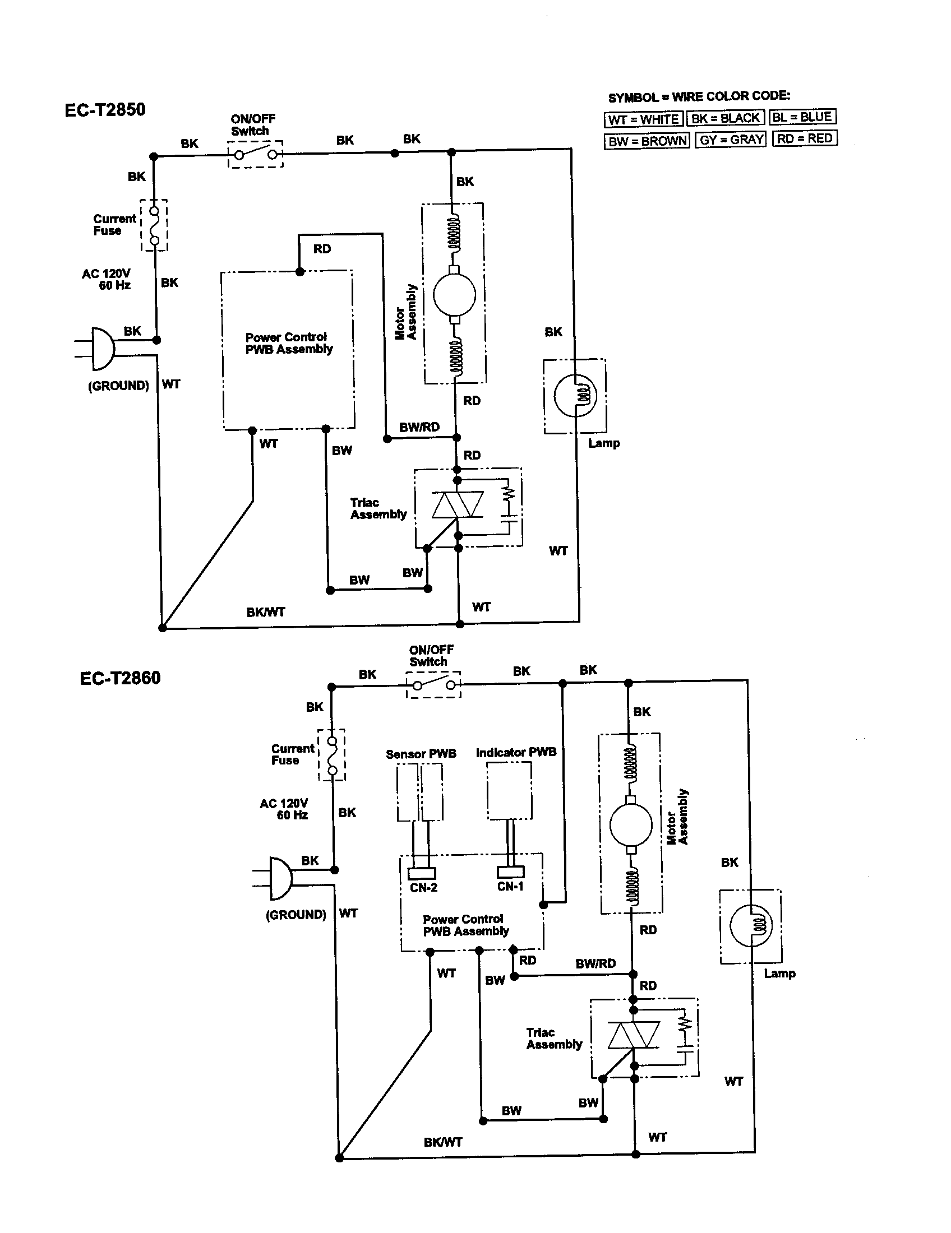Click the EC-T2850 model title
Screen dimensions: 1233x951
[x=105, y=109]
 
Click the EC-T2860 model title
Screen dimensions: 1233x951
[x=121, y=678]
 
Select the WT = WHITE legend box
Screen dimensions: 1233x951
[x=643, y=120]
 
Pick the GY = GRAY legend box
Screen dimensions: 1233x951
[x=731, y=140]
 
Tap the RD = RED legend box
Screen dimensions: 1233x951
[x=804, y=138]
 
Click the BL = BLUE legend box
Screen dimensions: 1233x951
[x=802, y=118]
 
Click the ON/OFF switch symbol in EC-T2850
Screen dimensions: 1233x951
[x=256, y=154]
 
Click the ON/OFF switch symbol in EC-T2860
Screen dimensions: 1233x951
[x=433, y=685]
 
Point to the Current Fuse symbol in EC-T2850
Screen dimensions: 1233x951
[x=154, y=225]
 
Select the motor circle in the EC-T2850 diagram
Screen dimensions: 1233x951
[x=454, y=294]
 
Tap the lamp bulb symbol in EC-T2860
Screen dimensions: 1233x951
[x=750, y=926]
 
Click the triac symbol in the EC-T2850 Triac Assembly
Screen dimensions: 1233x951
[x=458, y=504]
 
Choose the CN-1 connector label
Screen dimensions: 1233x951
[x=510, y=887]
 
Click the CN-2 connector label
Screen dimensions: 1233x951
[x=423, y=888]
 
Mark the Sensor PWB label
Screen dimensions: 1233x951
[x=421, y=754]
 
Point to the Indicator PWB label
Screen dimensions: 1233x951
[x=516, y=753]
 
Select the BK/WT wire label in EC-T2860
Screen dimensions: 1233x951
[x=443, y=1143]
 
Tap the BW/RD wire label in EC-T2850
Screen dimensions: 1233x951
[x=419, y=428]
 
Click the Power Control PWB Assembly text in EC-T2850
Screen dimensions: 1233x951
[x=289, y=343]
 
